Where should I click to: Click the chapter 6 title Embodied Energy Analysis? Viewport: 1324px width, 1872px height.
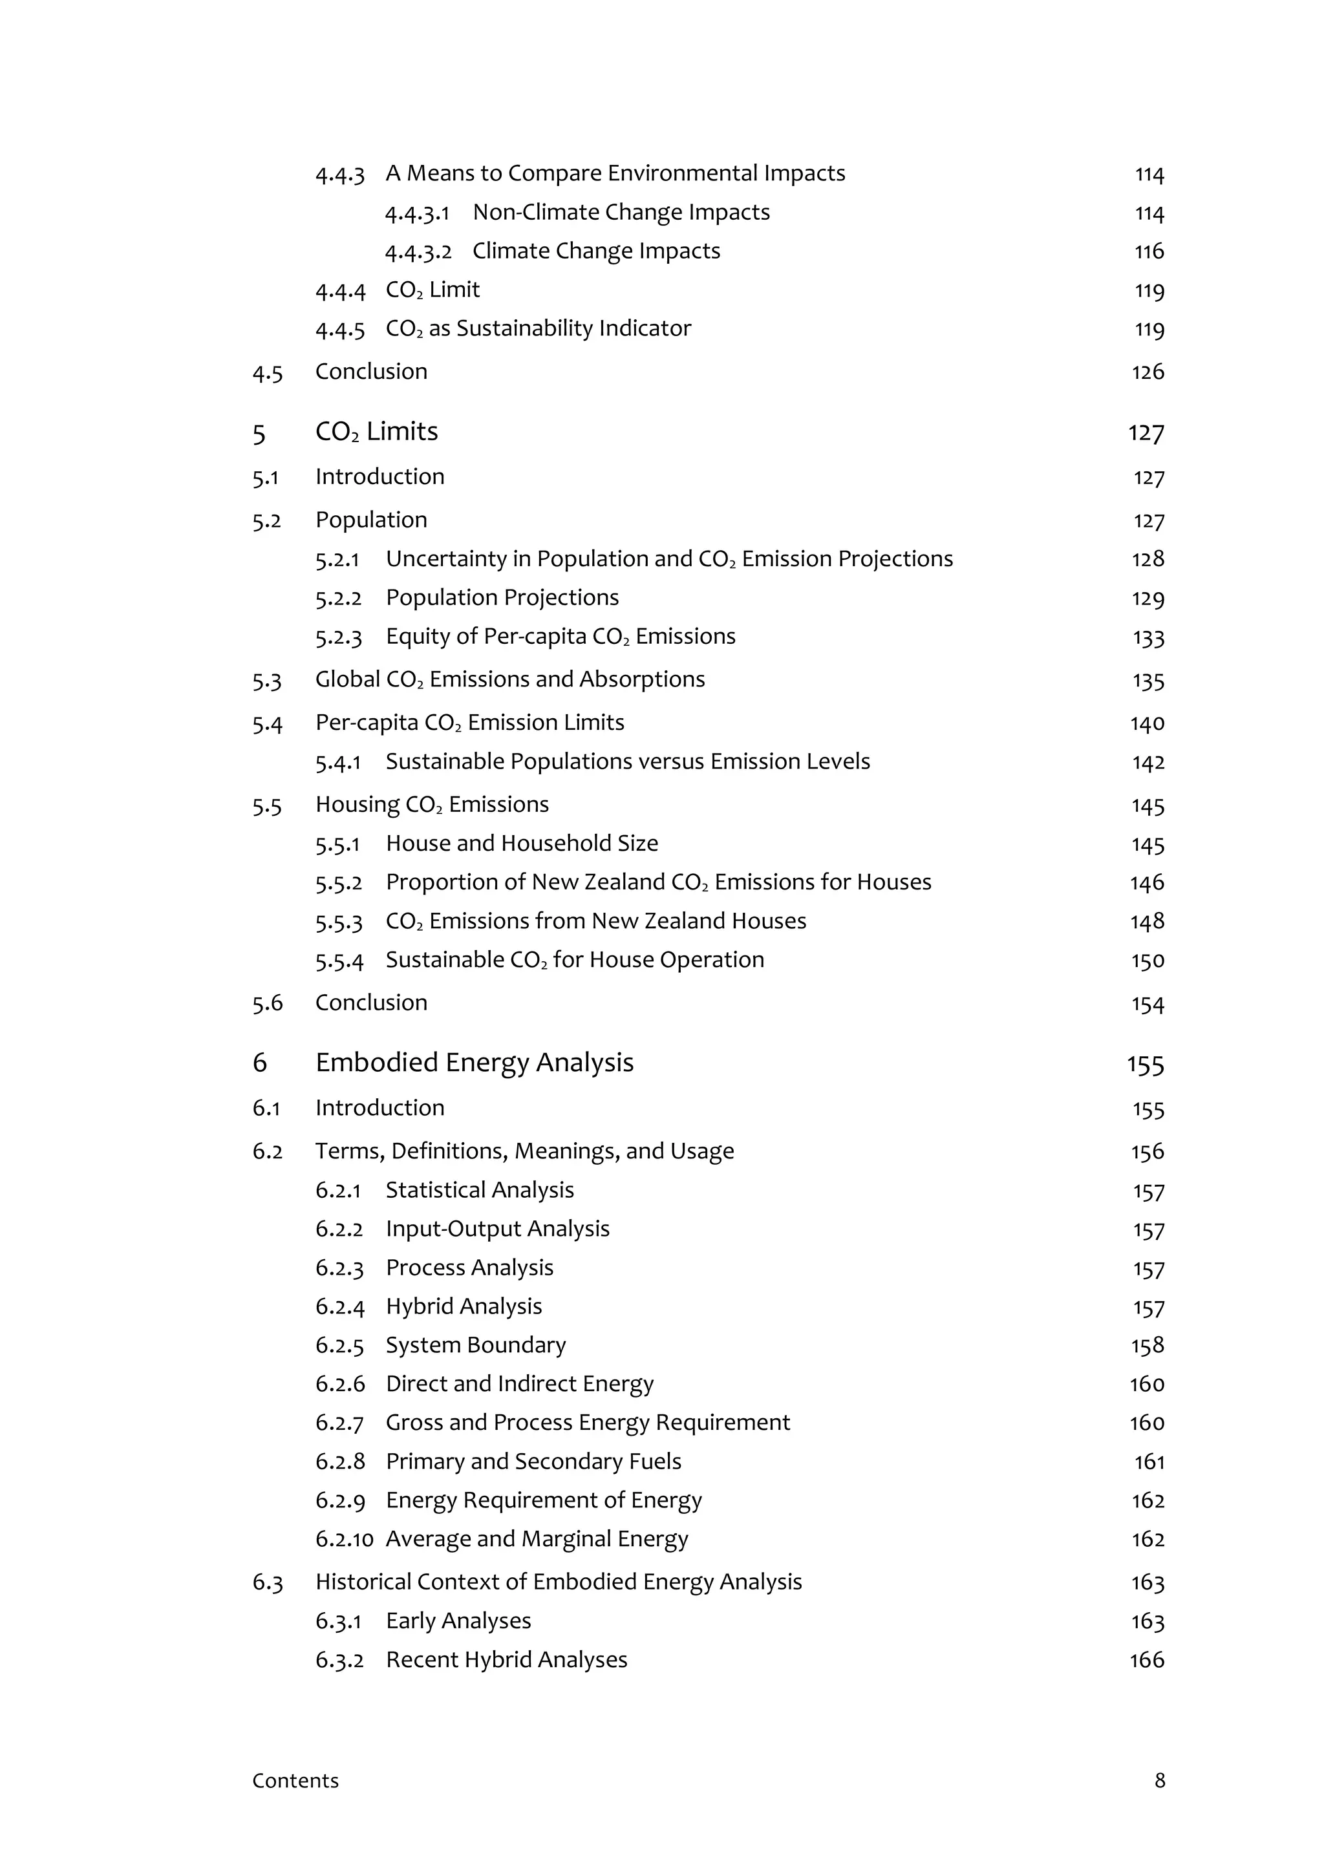coord(474,1063)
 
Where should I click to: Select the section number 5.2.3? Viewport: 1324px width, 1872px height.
coord(338,637)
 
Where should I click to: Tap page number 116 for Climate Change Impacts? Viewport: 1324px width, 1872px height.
coord(1149,251)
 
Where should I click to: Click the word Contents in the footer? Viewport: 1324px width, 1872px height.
coord(295,1781)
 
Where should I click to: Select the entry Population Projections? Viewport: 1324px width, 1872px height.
coord(502,598)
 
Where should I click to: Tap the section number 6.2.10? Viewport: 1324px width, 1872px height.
coord(344,1538)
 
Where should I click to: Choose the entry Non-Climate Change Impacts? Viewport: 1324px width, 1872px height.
coord(621,212)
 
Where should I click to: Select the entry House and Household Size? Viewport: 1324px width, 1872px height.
coord(522,843)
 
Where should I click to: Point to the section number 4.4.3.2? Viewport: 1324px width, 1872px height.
coord(418,251)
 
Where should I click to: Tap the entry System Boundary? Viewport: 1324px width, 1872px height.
coord(475,1345)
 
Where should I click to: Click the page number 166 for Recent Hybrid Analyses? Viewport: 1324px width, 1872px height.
coord(1146,1659)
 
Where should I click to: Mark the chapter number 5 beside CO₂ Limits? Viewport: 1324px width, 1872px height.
coord(259,433)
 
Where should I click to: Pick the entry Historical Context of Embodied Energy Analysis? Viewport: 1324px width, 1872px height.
coord(559,1582)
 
